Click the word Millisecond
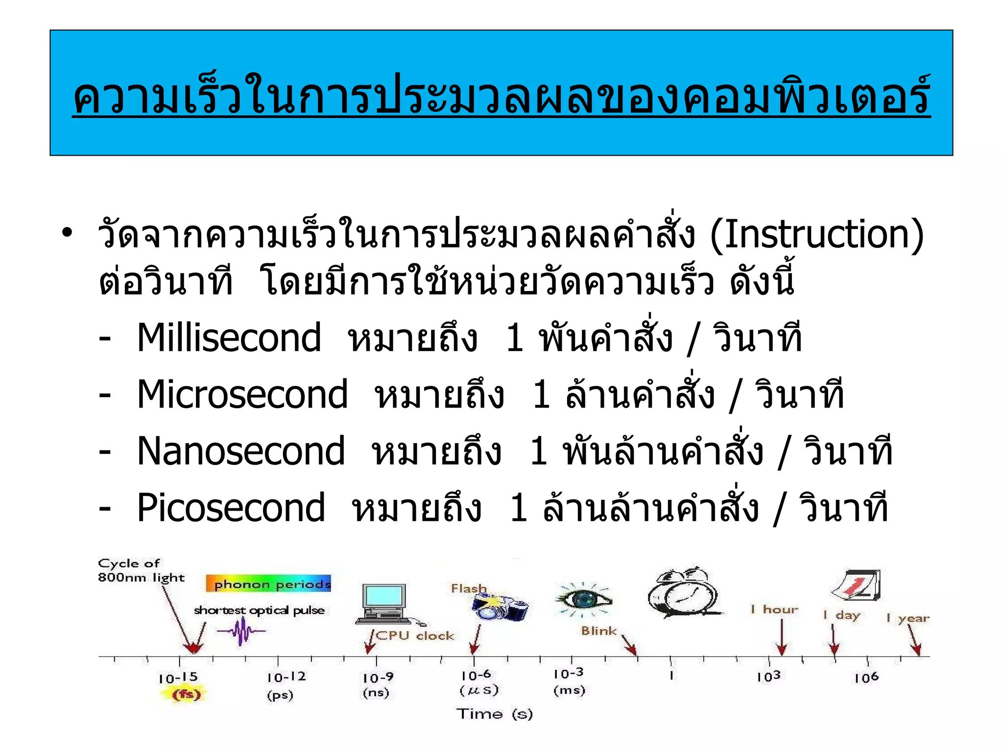[x=229, y=338]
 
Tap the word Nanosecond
[x=240, y=451]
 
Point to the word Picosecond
[x=231, y=508]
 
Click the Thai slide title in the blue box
[x=501, y=95]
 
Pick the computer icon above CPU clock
[x=384, y=604]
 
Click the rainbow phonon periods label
[x=269, y=584]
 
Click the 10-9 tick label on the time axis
[x=378, y=678]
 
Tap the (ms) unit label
[x=569, y=690]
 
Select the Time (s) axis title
[x=494, y=714]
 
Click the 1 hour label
[x=774, y=610]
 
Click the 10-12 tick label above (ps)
[x=286, y=677]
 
